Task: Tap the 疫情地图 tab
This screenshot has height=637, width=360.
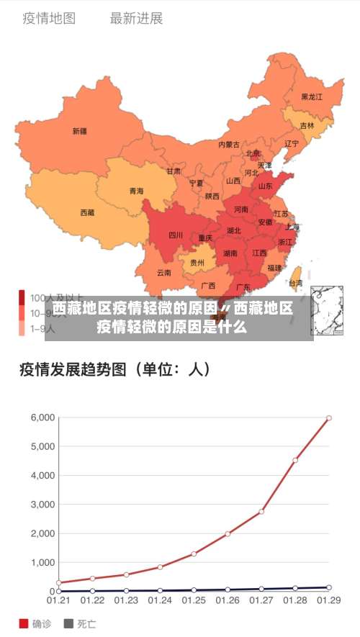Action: [x=49, y=19]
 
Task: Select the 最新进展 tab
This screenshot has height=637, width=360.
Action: [x=136, y=19]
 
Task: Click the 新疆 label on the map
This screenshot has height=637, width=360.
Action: [x=79, y=131]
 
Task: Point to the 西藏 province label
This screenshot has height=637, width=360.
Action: [x=87, y=212]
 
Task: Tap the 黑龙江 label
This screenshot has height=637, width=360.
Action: [x=312, y=96]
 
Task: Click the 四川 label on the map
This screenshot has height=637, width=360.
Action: [x=176, y=235]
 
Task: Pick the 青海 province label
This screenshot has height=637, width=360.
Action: [x=136, y=191]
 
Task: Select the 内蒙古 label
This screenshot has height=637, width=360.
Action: [x=229, y=144]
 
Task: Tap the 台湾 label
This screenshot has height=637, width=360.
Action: [x=295, y=284]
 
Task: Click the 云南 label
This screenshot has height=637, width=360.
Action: [x=164, y=273]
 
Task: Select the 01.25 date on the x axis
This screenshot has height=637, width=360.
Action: [x=193, y=600]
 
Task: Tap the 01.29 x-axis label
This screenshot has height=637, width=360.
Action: [x=329, y=600]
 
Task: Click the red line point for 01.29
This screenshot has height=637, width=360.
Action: [x=329, y=417]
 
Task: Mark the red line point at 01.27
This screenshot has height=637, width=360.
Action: [x=261, y=511]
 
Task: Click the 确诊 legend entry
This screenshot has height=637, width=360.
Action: [x=37, y=623]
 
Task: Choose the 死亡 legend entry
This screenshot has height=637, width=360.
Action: [x=80, y=623]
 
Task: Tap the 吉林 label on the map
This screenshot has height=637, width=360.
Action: [x=307, y=125]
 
